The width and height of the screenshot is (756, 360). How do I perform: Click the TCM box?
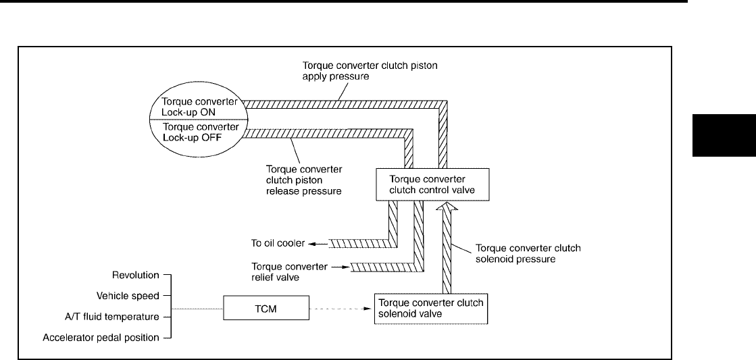tap(266, 309)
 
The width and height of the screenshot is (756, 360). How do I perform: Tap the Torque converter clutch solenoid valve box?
tap(430, 308)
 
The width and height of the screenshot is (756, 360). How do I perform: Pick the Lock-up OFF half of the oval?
tap(197, 132)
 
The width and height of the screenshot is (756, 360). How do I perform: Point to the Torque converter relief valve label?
tap(289, 272)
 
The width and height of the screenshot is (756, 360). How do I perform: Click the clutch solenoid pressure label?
tap(528, 253)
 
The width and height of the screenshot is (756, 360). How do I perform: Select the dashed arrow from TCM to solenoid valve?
tap(342, 310)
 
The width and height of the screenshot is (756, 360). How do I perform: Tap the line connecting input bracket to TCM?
tap(197, 310)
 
